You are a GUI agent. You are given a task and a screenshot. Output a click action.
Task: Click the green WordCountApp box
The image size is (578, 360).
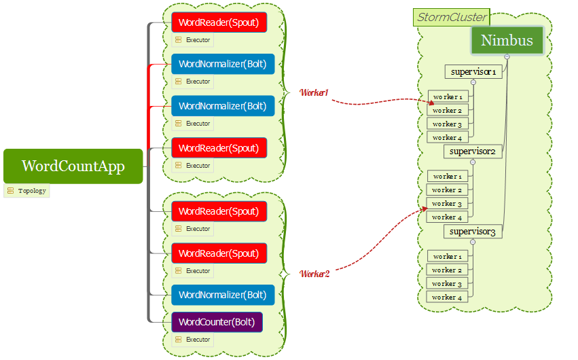coord(73,166)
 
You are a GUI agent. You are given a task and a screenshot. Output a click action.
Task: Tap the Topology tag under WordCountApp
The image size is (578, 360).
coord(27,191)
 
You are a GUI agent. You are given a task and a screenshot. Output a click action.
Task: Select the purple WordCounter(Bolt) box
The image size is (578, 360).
coord(217,321)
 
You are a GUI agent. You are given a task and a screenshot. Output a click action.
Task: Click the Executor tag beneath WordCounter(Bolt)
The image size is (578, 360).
coord(193,340)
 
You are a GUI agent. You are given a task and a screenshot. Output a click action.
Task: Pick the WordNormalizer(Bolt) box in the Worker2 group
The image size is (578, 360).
coord(223,295)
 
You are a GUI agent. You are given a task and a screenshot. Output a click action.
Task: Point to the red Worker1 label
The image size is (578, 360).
coord(314,92)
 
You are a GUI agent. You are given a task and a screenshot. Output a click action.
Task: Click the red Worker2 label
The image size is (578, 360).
coord(315,274)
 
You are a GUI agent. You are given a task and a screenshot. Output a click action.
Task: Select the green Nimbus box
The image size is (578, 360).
coord(507,41)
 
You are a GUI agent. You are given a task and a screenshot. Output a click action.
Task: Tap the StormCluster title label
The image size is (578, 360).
coord(451,17)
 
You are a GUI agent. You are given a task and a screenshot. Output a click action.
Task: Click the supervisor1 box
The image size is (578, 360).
coord(473,71)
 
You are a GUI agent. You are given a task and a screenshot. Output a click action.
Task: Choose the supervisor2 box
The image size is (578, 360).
coord(473,151)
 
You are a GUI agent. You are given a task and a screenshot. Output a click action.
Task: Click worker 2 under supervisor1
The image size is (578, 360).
coord(448,110)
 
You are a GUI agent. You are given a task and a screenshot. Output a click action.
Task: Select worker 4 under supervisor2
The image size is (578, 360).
coord(448,217)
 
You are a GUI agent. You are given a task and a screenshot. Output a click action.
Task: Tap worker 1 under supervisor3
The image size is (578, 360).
coord(448,256)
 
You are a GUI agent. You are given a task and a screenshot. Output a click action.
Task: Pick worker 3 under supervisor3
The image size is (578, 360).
coord(448,283)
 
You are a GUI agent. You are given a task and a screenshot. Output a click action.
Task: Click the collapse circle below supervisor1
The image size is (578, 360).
coord(473,82)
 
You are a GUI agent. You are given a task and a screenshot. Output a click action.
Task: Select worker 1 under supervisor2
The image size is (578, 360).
coord(448,177)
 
